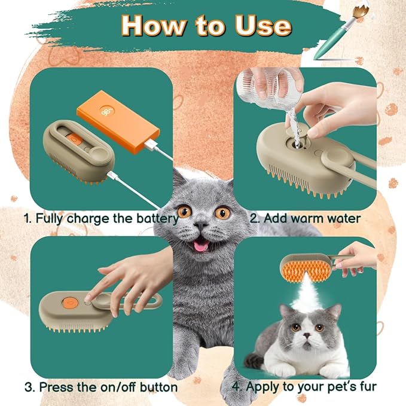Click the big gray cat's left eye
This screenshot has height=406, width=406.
[184, 211]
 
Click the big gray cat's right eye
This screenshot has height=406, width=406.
[223, 212]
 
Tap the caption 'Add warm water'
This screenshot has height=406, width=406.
[305, 218]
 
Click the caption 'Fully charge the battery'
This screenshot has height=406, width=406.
[101, 218]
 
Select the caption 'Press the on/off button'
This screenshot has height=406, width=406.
[101, 387]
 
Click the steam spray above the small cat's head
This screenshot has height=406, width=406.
[308, 293]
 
